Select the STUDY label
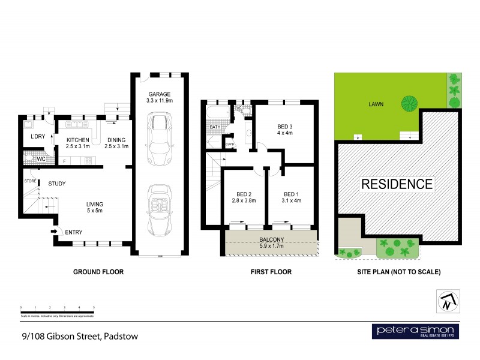pyautogui.click(x=57, y=184)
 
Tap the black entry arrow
pyautogui.click(x=53, y=232)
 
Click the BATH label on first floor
pyautogui.click(x=215, y=127)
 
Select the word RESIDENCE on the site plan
pyautogui.click(x=396, y=184)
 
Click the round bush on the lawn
pyautogui.click(x=409, y=104)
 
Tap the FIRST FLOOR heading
pyautogui.click(x=271, y=272)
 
